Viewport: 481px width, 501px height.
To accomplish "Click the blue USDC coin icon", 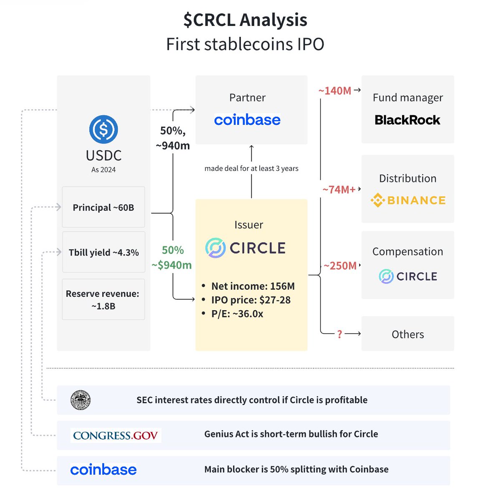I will pos(104,129).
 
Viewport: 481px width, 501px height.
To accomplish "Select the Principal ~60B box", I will pos(104,207).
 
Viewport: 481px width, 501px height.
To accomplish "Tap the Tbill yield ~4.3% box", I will pos(104,252).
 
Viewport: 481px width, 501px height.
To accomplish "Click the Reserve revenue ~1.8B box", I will pos(104,299).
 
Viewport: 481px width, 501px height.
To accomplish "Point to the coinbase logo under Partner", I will pos(247,120).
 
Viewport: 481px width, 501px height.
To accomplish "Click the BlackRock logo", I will pos(407,120).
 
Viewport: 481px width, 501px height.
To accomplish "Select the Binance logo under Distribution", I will pos(408,200).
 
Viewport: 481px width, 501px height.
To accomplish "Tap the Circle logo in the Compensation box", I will pos(408,276).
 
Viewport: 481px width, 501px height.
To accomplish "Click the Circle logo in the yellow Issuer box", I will pos(246,248).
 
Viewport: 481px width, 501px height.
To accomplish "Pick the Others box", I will pos(408,334).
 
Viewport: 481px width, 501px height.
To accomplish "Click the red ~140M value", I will pos(335,91).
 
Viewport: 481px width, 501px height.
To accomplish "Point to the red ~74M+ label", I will pos(339,190).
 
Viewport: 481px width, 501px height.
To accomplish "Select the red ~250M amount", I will pos(340,266).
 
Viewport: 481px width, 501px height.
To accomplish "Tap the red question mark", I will pos(339,334).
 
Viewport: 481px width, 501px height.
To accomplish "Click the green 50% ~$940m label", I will pos(172,257).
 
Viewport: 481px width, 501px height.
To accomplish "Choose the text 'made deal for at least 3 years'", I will pos(251,168).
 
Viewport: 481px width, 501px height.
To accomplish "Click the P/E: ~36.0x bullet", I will pos(237,314).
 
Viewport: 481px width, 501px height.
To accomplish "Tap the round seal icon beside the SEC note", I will pos(81,400).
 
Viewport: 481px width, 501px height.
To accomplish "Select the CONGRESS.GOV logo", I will pos(115,435).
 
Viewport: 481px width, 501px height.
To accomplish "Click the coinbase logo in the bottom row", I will pos(104,470).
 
